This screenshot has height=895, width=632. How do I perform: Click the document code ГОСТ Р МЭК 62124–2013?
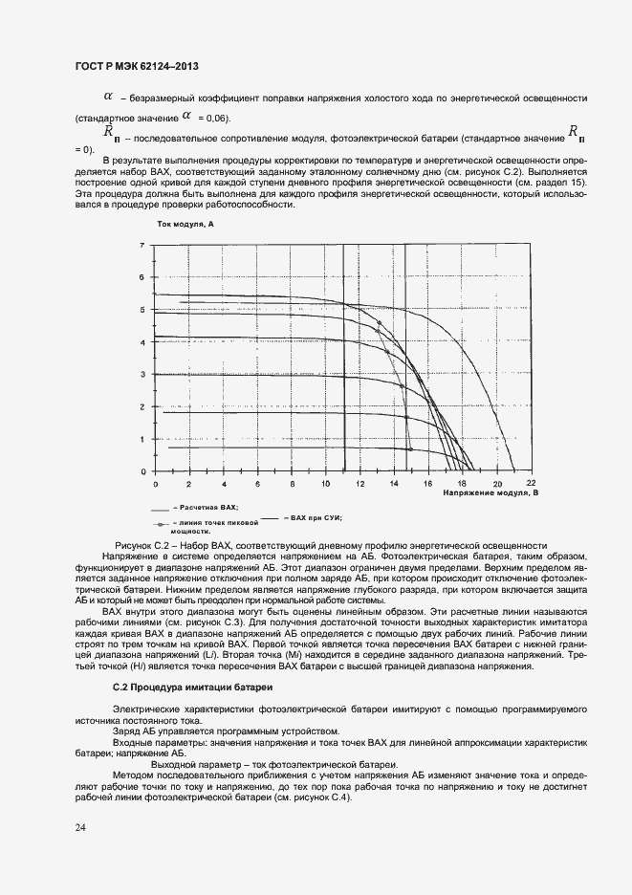(x=136, y=67)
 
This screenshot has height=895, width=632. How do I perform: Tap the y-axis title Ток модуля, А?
(x=184, y=223)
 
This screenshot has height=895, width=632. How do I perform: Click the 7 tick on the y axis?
(x=142, y=245)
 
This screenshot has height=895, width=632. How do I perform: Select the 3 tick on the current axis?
(x=142, y=375)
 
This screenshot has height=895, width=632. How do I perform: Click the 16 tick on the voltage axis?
(x=428, y=483)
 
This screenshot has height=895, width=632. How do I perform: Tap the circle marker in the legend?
(x=159, y=525)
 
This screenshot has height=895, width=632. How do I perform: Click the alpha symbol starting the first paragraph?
(x=108, y=97)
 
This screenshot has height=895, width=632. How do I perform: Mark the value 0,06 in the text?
(x=216, y=118)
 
